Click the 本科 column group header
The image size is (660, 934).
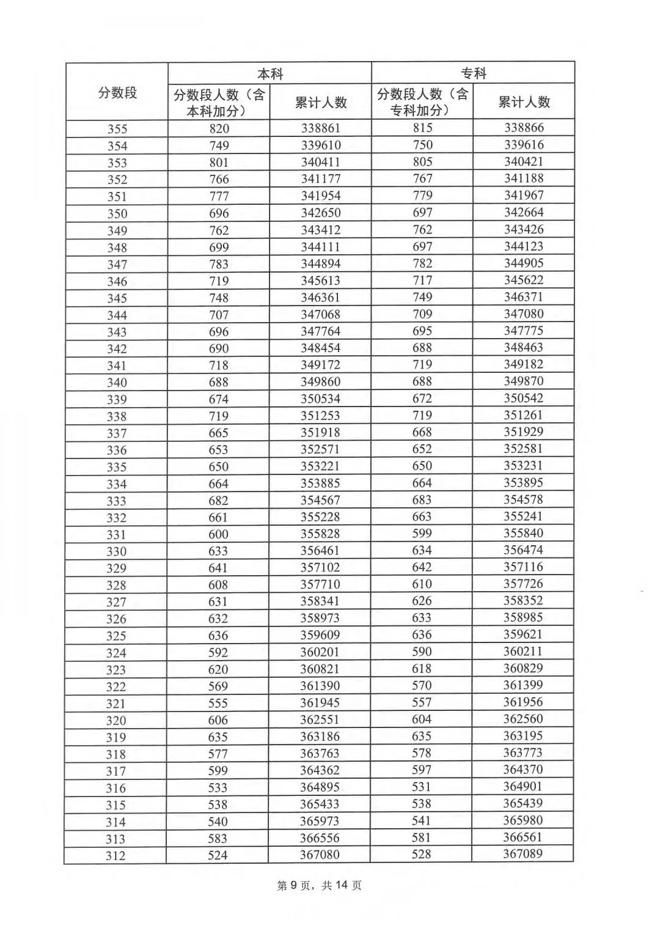[269, 74]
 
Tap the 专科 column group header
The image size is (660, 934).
[473, 73]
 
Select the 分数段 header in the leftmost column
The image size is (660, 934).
[117, 92]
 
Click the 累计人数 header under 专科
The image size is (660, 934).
[524, 102]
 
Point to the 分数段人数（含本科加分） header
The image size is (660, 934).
[219, 103]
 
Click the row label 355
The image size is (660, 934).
[117, 129]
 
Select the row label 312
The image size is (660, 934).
[116, 856]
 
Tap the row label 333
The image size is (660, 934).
[116, 501]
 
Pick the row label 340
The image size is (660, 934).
[117, 383]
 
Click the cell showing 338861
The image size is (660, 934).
[320, 128]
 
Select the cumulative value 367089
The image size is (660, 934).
[522, 854]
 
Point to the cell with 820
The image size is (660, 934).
[219, 128]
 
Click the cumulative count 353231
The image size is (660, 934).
[523, 466]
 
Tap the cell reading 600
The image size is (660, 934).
[218, 534]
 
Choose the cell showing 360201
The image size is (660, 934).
[320, 652]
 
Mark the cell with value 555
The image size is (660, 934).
[218, 703]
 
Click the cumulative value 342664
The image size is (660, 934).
[524, 213]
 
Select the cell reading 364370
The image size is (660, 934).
[523, 770]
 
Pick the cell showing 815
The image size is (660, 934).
[422, 128]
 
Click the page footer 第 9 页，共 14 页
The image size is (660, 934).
[320, 886]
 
